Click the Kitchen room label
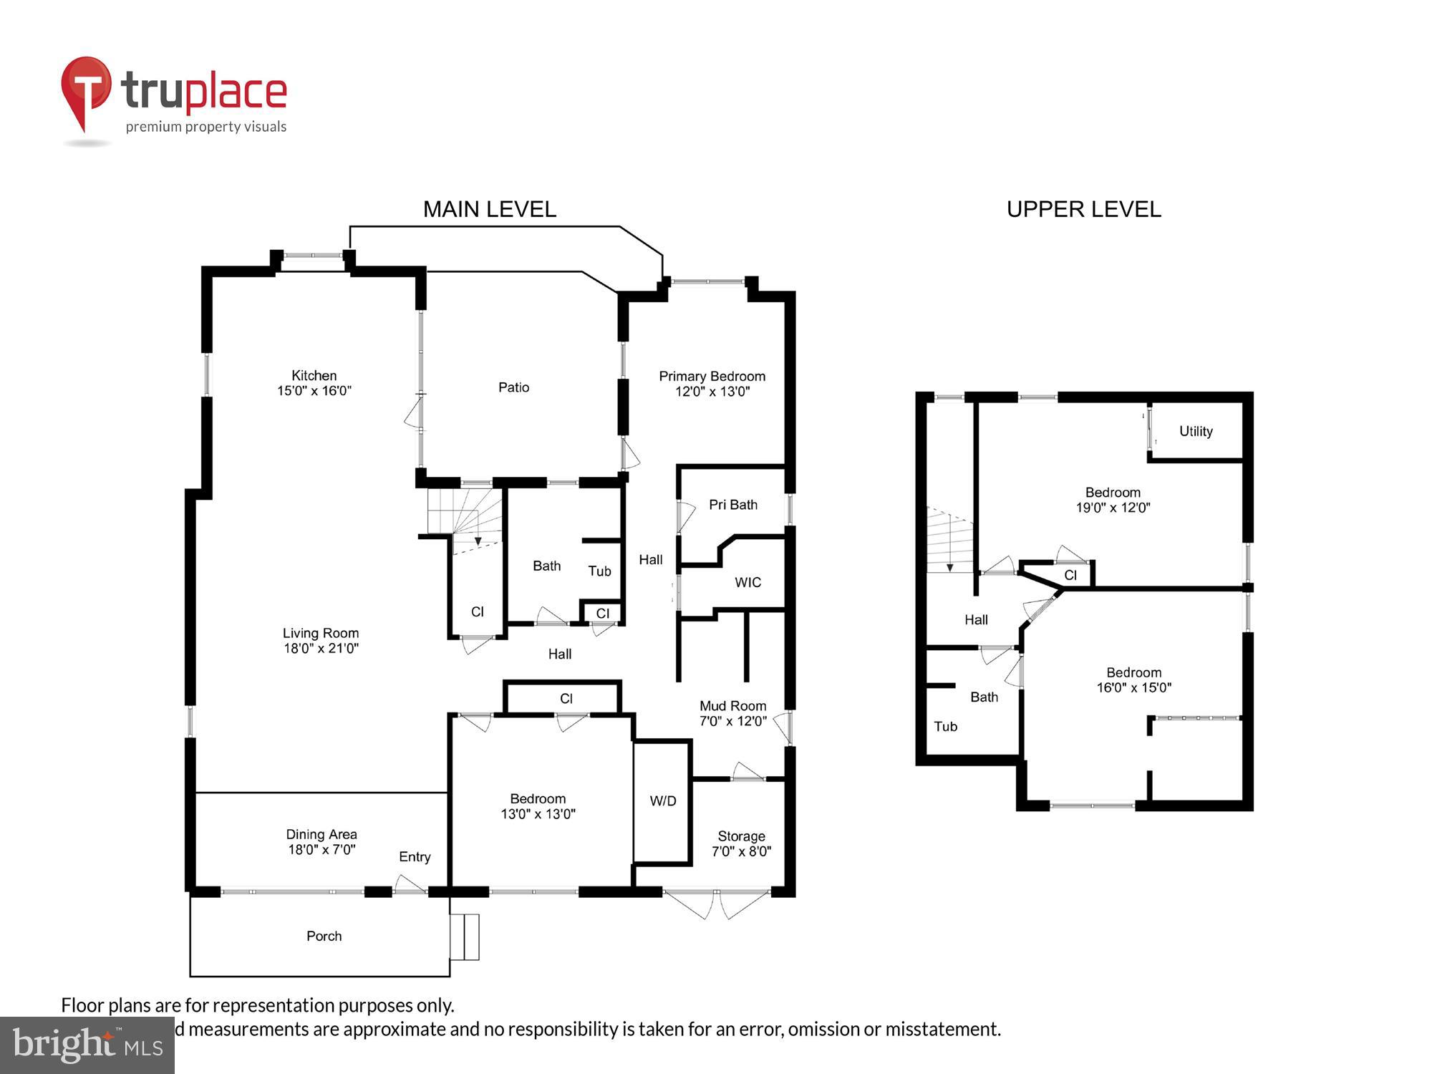314,376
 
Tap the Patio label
513,387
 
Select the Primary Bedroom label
712,377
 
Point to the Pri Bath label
732,505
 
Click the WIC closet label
748,582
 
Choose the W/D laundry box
662,801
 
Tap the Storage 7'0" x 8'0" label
741,843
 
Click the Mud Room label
732,706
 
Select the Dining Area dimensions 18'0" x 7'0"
321,850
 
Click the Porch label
324,936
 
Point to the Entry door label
415,857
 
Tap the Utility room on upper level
1196,431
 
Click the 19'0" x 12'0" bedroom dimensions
1113,508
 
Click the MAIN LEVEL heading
489,209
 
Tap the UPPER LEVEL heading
1083,209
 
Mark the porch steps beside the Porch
465,937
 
